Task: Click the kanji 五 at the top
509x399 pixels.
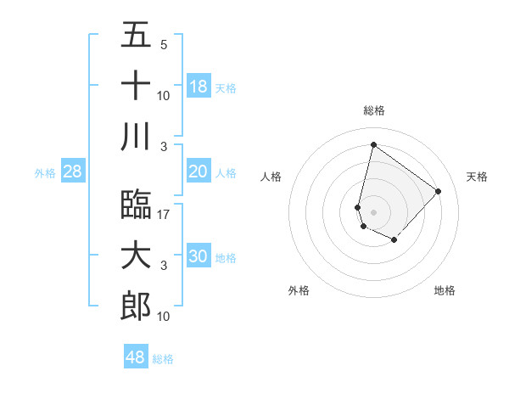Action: coord(136,36)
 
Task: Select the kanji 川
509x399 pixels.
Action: coord(136,136)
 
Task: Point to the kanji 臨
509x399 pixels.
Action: coord(136,204)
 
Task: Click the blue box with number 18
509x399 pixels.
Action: coord(198,87)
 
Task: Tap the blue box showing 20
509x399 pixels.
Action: coord(198,171)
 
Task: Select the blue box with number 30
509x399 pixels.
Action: coord(198,256)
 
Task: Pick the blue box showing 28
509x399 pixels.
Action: coord(73,171)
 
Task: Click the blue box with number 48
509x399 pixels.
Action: coord(136,357)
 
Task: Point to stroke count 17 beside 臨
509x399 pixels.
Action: coord(164,214)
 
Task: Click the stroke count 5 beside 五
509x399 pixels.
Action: coord(164,45)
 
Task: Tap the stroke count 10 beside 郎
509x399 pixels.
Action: coord(164,316)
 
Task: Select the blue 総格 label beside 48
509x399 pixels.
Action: coord(163,359)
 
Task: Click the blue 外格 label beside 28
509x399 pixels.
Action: coord(45,173)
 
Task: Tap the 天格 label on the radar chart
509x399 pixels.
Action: coord(477,177)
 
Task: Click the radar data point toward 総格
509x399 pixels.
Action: coord(373,144)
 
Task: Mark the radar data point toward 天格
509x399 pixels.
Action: coord(438,191)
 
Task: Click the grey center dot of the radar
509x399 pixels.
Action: coord(373,211)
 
